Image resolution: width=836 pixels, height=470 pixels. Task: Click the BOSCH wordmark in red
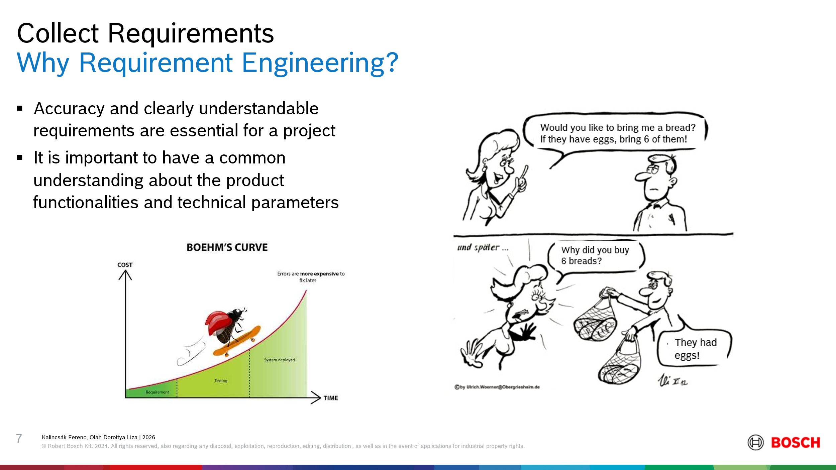(x=796, y=443)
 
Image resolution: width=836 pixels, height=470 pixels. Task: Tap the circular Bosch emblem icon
(x=755, y=443)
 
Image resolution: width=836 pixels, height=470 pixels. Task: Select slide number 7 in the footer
(x=19, y=438)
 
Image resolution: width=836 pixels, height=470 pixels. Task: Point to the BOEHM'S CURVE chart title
(x=227, y=247)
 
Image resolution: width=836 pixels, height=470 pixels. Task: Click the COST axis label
(x=125, y=265)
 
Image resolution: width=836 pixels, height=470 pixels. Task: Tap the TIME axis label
(x=331, y=398)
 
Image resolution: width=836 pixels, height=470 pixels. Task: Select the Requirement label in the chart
(x=157, y=392)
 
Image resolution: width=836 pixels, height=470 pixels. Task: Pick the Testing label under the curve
(x=221, y=381)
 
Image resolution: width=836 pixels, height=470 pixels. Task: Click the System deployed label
(x=280, y=360)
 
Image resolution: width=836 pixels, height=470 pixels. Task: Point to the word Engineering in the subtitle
(x=320, y=63)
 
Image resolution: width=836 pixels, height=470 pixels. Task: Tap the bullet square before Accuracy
(x=20, y=108)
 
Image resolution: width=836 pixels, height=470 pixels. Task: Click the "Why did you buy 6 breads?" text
(x=595, y=255)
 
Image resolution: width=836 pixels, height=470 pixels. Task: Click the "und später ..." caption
(x=483, y=248)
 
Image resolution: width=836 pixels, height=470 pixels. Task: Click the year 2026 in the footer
(x=149, y=437)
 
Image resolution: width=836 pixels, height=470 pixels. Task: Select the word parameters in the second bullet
(x=295, y=203)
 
